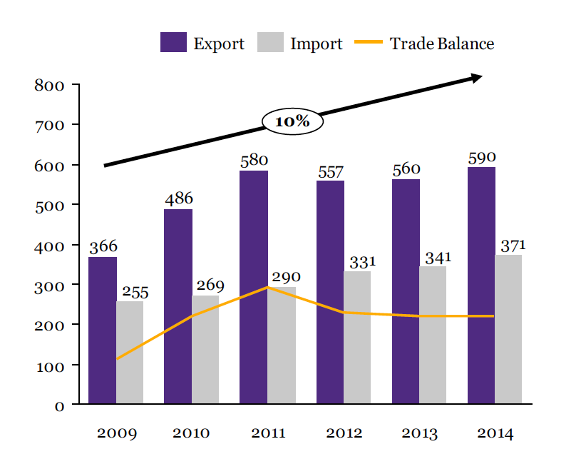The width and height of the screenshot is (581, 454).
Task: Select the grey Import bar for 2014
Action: pyautogui.click(x=508, y=329)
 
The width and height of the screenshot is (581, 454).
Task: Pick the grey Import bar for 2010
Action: pyautogui.click(x=205, y=350)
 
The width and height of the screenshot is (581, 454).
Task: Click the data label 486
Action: pyautogui.click(x=179, y=199)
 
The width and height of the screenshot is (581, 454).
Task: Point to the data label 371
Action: pyautogui.click(x=513, y=246)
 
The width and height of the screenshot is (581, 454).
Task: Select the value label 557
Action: pyautogui.click(x=330, y=172)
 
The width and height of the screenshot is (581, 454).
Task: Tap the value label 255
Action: pyautogui.click(x=135, y=292)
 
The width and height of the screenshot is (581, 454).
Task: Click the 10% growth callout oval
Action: pyautogui.click(x=292, y=121)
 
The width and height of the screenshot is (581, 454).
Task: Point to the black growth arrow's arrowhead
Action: pyautogui.click(x=476, y=77)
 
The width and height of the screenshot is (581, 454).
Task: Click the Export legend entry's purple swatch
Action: pyautogui.click(x=173, y=43)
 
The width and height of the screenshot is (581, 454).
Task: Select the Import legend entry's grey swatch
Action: pyautogui.click(x=269, y=43)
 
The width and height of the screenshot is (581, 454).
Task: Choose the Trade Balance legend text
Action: pyautogui.click(x=441, y=44)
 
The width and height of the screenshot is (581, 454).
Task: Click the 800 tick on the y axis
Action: pyautogui.click(x=49, y=86)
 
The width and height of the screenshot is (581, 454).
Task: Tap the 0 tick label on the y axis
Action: pyautogui.click(x=59, y=405)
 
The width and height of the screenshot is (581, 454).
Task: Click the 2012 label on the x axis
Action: pyautogui.click(x=344, y=433)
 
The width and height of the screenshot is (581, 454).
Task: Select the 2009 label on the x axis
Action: pyautogui.click(x=117, y=433)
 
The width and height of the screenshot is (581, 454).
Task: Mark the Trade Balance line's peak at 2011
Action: pyautogui.click(x=267, y=287)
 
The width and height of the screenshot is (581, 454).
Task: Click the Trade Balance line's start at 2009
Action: pyautogui.click(x=117, y=358)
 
